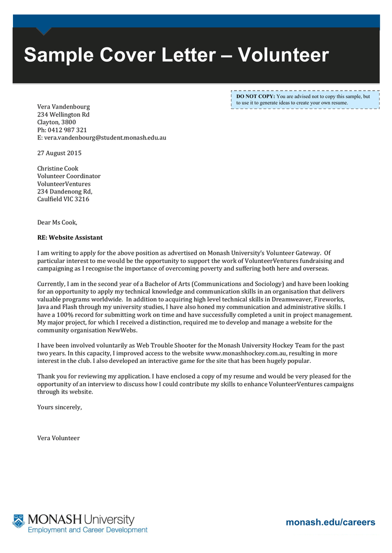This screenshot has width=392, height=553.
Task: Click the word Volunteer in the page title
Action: tap(283, 55)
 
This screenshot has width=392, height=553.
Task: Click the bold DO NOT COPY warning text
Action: tap(256, 96)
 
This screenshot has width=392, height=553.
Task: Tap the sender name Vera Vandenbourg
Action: tap(63, 107)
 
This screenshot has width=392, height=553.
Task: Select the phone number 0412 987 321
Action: tap(66, 130)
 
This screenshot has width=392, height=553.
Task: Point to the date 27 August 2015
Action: tap(59, 153)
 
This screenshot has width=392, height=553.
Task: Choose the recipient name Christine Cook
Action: tap(57, 168)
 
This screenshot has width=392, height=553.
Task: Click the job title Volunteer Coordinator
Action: tap(69, 176)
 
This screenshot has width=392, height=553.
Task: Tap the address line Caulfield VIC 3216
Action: tap(63, 199)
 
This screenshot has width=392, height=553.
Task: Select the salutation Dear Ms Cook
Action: tap(57, 222)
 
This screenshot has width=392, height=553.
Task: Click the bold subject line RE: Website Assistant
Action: tap(70, 238)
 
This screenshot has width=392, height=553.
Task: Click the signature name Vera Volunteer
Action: tap(58, 438)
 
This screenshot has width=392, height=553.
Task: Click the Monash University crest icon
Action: tap(19, 521)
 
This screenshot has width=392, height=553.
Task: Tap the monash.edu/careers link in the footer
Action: tap(330, 522)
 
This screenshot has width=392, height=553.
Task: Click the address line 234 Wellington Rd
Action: tap(63, 114)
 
